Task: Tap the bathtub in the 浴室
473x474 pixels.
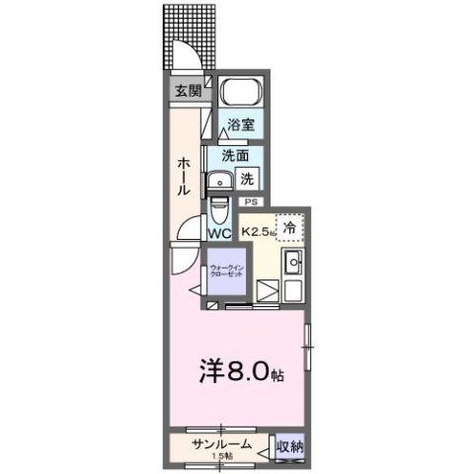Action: tap(240, 93)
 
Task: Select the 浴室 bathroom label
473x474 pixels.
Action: tap(240, 125)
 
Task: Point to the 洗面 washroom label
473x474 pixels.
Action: tap(235, 155)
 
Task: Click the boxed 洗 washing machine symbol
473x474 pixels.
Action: tap(249, 179)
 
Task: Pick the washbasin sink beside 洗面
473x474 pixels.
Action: tap(216, 180)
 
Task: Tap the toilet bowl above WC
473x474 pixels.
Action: tap(218, 212)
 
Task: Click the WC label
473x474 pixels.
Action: tap(219, 235)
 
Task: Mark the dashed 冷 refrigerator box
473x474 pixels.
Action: tap(289, 227)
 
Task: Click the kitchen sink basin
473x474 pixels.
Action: tap(292, 265)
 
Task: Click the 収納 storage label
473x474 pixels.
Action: tap(289, 447)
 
